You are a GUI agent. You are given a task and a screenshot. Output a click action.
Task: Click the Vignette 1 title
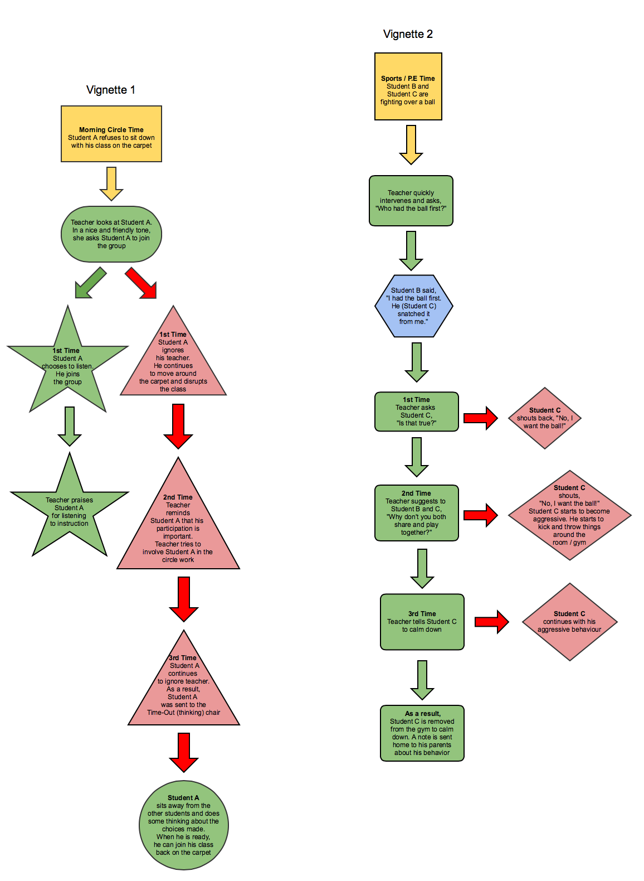pos(110,90)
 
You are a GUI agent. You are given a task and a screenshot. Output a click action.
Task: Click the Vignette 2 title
pos(408,34)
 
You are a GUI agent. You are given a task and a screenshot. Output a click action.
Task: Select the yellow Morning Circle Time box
pos(111,134)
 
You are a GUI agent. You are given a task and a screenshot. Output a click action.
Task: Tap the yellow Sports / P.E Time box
pos(408,86)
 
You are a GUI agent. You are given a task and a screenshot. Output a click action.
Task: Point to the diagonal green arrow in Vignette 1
pos(90,283)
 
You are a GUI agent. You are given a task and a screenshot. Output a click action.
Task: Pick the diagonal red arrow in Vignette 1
pos(141,283)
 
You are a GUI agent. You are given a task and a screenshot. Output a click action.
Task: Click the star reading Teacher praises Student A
pos(70,510)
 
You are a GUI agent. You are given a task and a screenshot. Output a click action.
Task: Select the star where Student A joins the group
pos(68,365)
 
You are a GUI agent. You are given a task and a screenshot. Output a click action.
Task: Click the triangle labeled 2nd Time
pos(178,527)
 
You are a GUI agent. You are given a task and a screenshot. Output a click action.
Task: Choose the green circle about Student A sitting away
pos(184,825)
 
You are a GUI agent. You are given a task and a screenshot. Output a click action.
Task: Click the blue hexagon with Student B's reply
pos(413,306)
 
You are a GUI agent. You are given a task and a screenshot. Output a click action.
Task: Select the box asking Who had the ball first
pos(411,201)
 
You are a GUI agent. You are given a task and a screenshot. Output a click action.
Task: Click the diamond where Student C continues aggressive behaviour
pos(569,622)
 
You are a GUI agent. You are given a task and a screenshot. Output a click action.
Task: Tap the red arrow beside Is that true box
pos(480,418)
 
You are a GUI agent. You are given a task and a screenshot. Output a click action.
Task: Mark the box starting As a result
pos(422,733)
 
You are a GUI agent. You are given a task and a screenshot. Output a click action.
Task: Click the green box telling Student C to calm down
pos(422,622)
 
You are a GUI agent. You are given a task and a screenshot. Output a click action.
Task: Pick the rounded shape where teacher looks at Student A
pos(111,234)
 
